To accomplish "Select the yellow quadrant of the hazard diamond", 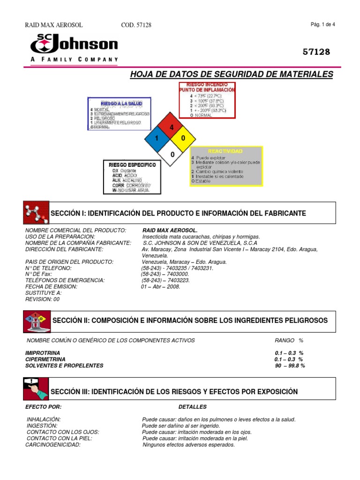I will click(x=183, y=138).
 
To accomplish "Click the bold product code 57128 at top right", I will click(x=317, y=52).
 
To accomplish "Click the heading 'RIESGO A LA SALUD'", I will click(x=119, y=103).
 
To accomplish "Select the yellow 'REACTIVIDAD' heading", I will click(x=226, y=151).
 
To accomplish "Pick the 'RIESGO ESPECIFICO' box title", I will click(x=132, y=165).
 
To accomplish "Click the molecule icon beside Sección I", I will click(x=36, y=213).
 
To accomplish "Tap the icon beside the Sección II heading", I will click(x=36, y=321).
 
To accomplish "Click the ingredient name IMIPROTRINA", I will click(x=44, y=352).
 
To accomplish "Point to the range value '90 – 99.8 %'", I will click(x=290, y=366).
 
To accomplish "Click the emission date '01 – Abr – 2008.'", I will click(x=161, y=287).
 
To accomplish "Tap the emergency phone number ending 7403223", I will click(x=165, y=280).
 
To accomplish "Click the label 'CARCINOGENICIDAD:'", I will click(x=53, y=444).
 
